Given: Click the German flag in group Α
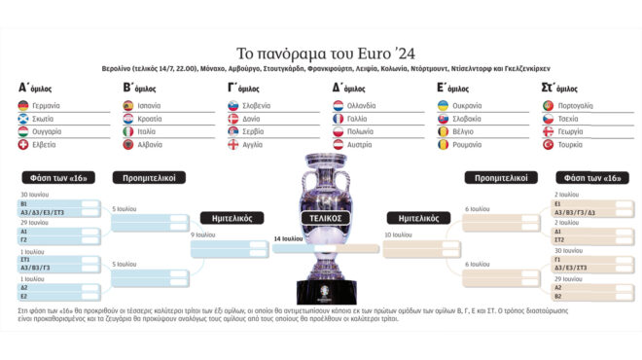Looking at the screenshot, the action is [23, 105].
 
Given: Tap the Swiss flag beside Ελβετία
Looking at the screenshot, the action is [23, 144].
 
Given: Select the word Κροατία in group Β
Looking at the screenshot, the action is [150, 119].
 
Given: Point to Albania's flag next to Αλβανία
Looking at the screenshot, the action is [128, 144].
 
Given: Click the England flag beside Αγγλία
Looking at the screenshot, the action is [233, 144].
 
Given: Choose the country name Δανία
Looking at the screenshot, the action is [254, 119].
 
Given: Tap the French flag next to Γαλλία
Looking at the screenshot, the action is [339, 119].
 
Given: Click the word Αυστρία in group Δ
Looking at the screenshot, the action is [360, 144].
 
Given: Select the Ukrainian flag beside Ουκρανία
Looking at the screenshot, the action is [444, 105].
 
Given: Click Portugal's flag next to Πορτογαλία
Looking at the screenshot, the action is [549, 105].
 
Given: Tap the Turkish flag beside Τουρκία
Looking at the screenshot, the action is [549, 144].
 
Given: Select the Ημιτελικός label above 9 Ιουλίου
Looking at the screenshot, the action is [230, 218].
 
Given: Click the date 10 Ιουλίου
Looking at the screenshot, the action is [401, 235].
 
